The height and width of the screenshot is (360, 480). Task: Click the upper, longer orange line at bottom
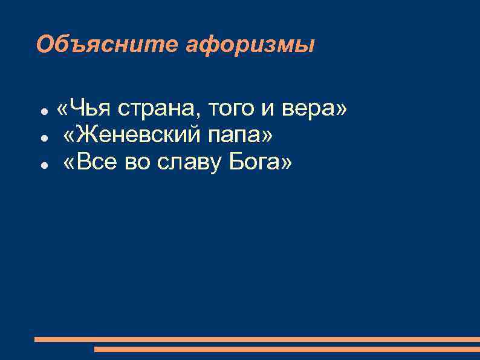coord(256,339)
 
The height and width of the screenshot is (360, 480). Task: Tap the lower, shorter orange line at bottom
coord(287,349)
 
